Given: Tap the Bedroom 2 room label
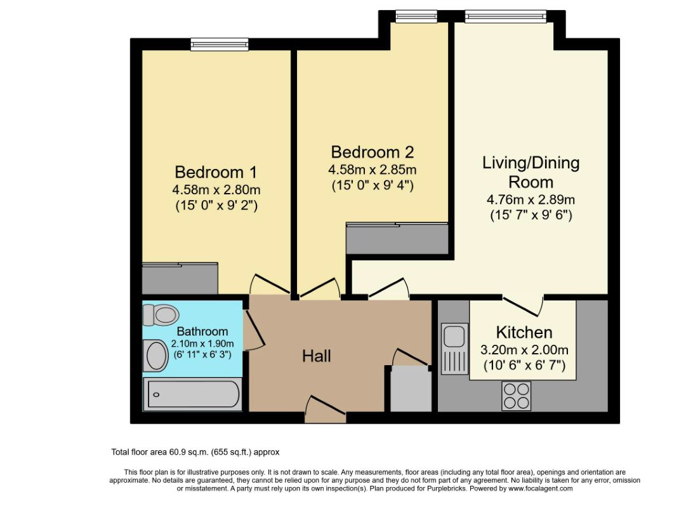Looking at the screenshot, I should point(373,152).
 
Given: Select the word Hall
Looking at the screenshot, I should point(317,356).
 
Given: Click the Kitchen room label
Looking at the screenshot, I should point(524,332).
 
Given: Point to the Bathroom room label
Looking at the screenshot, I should point(202,331).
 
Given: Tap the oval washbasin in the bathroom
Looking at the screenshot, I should point(155,356).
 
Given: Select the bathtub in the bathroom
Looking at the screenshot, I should point(193,394).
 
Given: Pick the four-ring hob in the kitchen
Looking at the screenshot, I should point(516,395).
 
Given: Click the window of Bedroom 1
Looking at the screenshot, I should point(214,44).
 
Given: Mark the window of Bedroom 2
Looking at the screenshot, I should point(416,16).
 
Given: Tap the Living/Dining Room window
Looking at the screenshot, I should point(506,16).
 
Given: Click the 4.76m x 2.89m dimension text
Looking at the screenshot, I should point(531,200).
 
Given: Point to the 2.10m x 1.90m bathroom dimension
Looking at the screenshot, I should point(202,344).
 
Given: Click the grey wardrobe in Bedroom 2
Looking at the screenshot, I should point(397,239).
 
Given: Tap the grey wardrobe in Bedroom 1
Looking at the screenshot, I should point(180,279).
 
